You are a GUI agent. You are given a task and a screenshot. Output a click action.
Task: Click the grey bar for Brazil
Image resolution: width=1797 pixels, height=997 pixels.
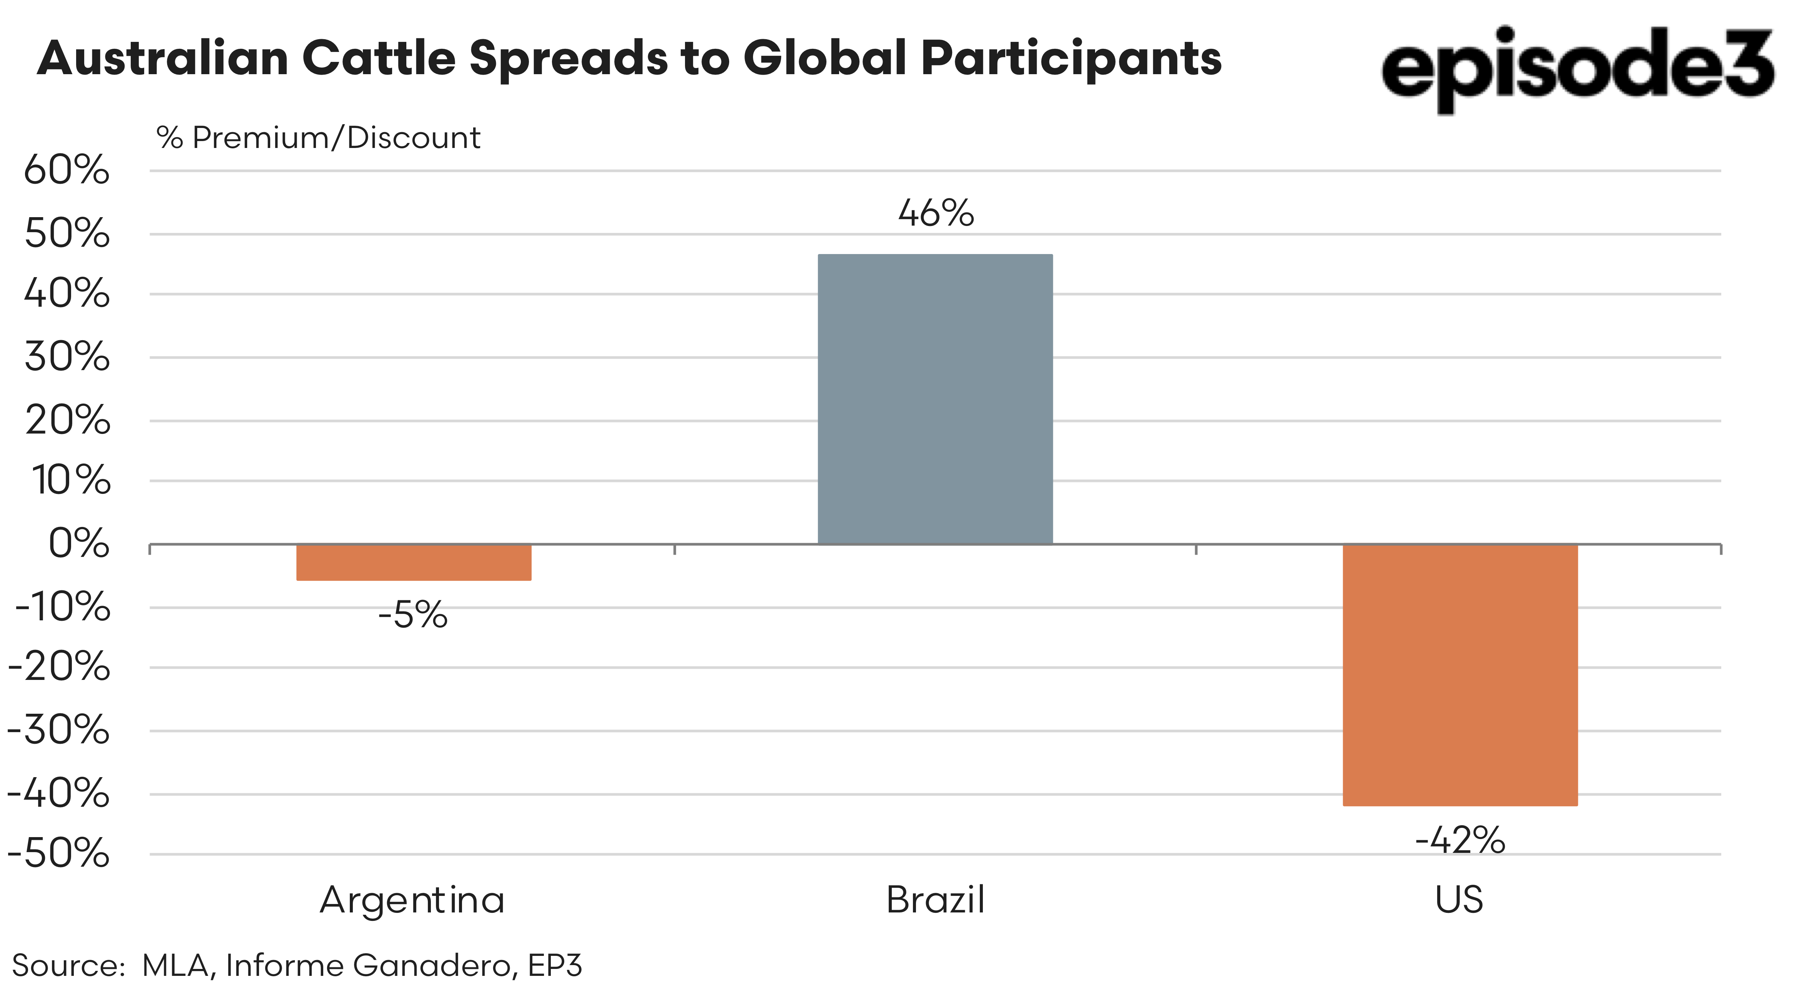(x=935, y=399)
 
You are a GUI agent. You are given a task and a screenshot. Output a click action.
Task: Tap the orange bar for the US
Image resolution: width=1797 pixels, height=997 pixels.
(x=1460, y=675)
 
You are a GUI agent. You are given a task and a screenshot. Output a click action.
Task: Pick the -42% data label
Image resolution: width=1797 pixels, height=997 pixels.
(x=1460, y=840)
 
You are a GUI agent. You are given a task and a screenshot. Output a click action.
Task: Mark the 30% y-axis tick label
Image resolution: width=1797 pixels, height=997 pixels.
(x=67, y=357)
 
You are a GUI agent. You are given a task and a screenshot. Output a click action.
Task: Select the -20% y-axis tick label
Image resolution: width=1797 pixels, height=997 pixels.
(x=58, y=668)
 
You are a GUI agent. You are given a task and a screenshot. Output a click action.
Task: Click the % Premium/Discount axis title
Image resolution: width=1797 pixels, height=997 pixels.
(x=318, y=138)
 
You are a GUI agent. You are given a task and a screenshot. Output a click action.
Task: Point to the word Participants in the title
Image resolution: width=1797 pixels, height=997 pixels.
(x=1071, y=58)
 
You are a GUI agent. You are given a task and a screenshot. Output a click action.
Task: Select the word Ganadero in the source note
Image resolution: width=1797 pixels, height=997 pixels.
(x=435, y=965)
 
